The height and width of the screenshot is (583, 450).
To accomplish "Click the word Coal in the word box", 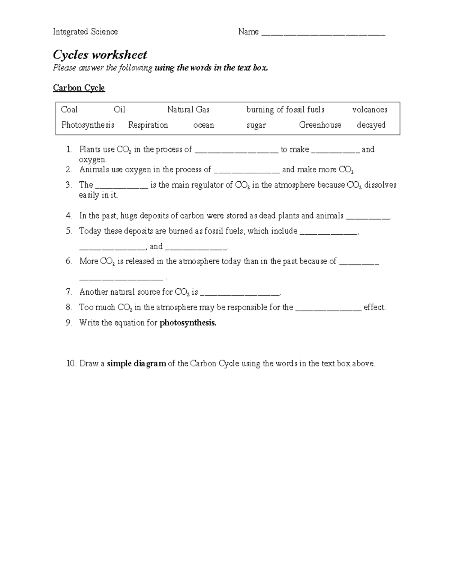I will tap(69, 110).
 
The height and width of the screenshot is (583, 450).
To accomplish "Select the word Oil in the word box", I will tap(119, 110).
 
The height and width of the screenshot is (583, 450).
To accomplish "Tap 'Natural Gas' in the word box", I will tap(188, 110).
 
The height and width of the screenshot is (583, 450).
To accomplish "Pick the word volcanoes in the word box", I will tap(369, 110).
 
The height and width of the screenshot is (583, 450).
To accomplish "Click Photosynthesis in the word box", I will tap(88, 125).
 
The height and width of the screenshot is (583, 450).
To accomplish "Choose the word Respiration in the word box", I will tap(148, 125).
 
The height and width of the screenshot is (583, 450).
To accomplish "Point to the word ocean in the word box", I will tap(203, 125).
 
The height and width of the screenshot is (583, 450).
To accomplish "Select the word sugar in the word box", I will tap(256, 125).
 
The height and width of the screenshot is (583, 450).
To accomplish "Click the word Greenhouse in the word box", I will tap(320, 125).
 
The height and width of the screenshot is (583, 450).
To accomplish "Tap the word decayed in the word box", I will tap(371, 125).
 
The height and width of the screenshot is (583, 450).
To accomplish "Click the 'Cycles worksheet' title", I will tap(100, 55).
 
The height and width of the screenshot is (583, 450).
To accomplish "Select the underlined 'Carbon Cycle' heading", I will tap(79, 88).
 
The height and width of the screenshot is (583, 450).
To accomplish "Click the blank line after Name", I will tap(323, 33).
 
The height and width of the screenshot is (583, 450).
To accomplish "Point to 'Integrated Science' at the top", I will tap(85, 32).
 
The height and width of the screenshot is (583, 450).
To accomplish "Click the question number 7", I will tap(68, 292).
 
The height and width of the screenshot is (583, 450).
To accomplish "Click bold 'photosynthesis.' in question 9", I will tap(188, 323).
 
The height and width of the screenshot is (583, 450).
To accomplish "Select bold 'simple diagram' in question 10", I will tap(136, 364).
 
